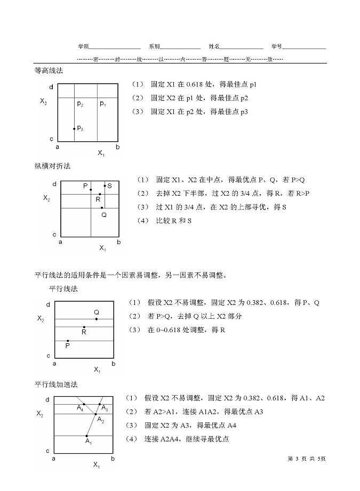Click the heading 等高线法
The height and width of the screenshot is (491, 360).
49,71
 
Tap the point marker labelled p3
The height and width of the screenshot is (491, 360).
74,128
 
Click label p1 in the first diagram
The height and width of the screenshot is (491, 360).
103,104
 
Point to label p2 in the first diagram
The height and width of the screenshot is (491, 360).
80,104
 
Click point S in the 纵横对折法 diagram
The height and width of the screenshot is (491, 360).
105,186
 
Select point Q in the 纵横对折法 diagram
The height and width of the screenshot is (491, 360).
102,207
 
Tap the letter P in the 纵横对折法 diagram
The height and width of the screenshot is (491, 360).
85,186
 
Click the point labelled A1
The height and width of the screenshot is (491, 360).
86,436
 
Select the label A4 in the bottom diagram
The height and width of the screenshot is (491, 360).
80,408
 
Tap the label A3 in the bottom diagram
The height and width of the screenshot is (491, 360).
105,409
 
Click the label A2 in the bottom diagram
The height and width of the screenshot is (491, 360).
100,420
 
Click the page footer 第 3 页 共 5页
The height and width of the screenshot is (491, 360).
306,458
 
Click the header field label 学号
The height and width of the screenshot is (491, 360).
276,47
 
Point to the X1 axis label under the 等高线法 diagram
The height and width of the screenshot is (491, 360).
101,154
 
